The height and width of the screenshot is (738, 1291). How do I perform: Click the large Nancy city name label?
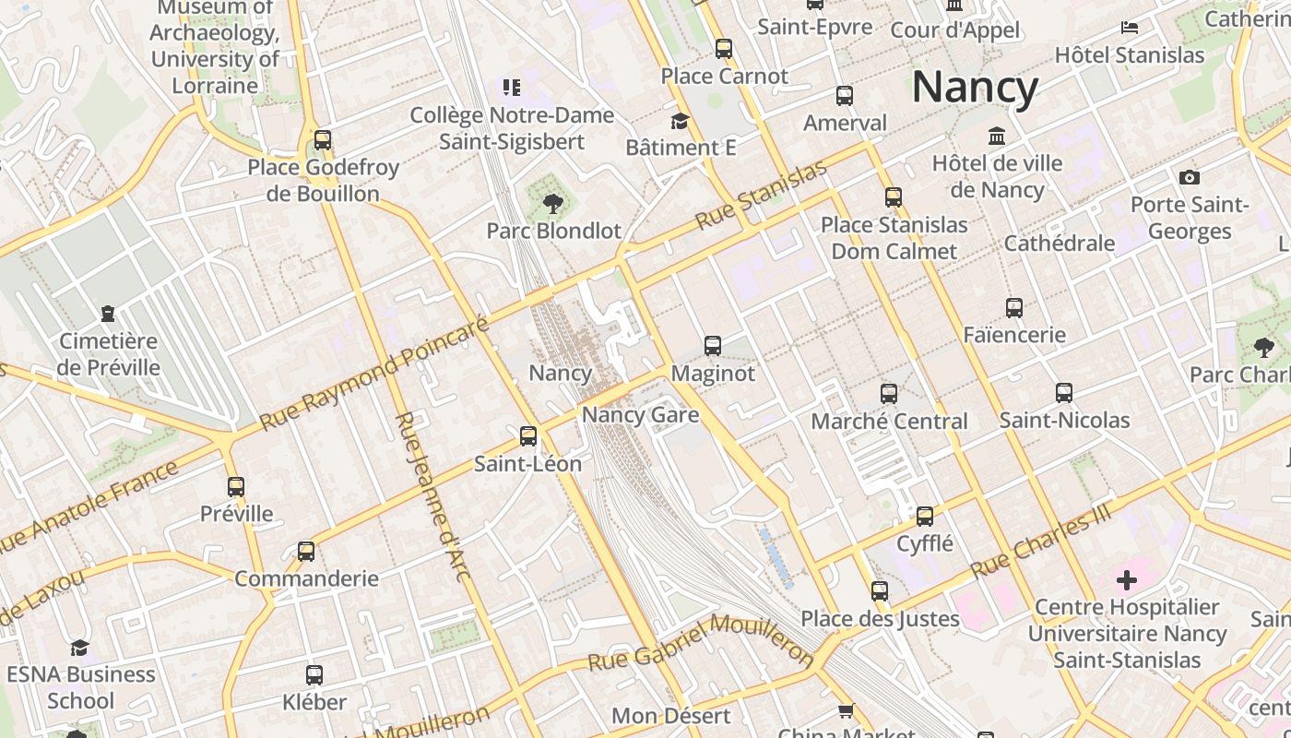click(975, 88)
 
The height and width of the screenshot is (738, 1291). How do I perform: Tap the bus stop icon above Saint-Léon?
click(528, 436)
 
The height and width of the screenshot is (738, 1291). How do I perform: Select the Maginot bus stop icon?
click(713, 346)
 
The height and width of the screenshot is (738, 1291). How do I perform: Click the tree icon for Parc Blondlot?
click(553, 203)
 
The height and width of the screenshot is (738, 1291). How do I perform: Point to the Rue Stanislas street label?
click(762, 196)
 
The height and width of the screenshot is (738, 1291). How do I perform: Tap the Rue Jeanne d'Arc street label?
click(433, 497)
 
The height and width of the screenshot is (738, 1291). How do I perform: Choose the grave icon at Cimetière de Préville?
click(109, 314)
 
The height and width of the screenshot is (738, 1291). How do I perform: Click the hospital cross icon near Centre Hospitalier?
click(1127, 580)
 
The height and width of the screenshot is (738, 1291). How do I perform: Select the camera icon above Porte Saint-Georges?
click(1190, 177)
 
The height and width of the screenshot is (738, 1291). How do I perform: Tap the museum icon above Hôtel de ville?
click(997, 137)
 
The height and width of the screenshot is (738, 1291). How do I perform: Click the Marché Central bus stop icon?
click(889, 394)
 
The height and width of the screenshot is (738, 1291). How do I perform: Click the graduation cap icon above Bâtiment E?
click(680, 121)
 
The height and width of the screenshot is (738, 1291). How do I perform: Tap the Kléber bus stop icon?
click(314, 675)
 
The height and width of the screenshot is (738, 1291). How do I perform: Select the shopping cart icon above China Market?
click(846, 710)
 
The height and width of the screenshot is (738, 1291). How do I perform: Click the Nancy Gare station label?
click(640, 415)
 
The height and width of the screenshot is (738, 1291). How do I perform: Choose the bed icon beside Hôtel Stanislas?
click(1130, 28)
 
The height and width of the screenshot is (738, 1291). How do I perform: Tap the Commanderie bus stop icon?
click(306, 552)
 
